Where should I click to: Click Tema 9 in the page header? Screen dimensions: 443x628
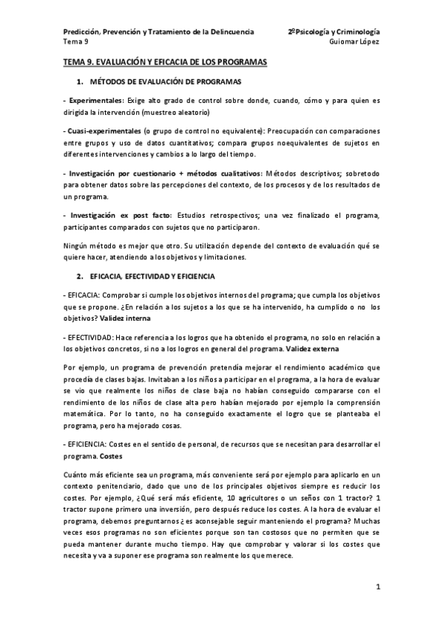pos(75,41)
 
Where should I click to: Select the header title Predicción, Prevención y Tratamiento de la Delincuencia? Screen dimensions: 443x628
pos(158,32)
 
